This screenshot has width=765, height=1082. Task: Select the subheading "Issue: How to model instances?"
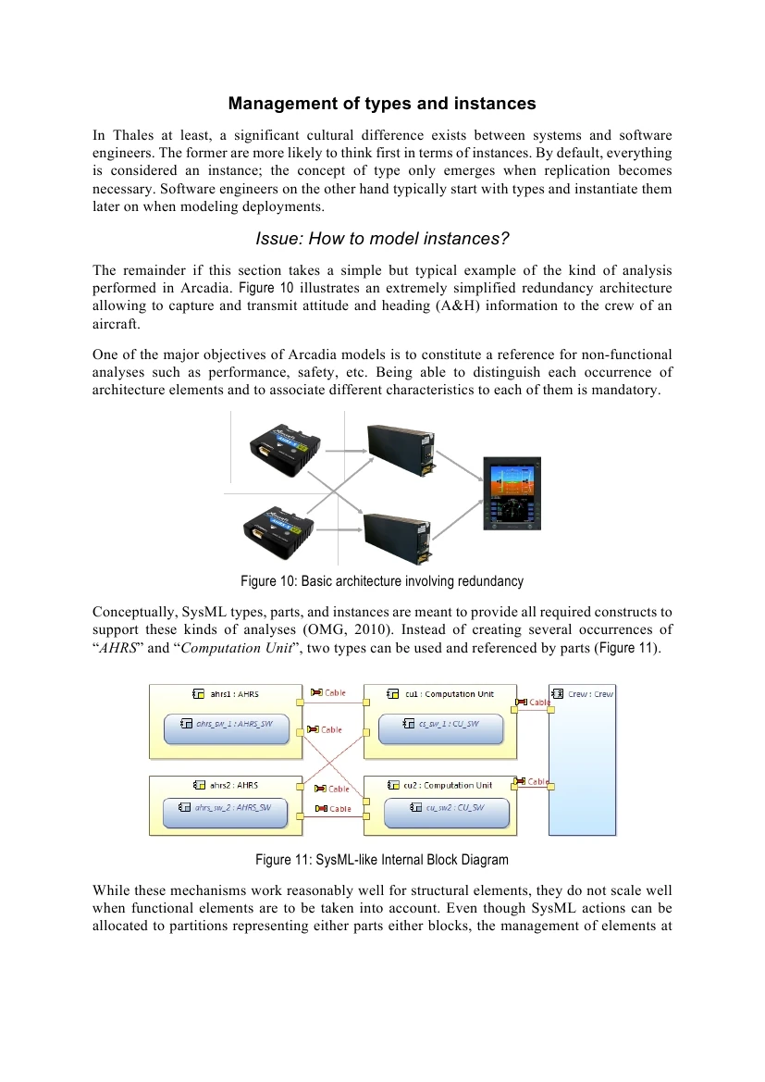[382, 239]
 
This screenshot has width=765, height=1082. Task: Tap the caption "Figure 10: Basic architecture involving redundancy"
[382, 581]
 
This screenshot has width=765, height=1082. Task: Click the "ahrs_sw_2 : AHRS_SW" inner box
[226, 808]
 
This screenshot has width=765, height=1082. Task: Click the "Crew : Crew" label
[589, 693]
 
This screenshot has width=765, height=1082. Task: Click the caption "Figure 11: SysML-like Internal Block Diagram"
[382, 860]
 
